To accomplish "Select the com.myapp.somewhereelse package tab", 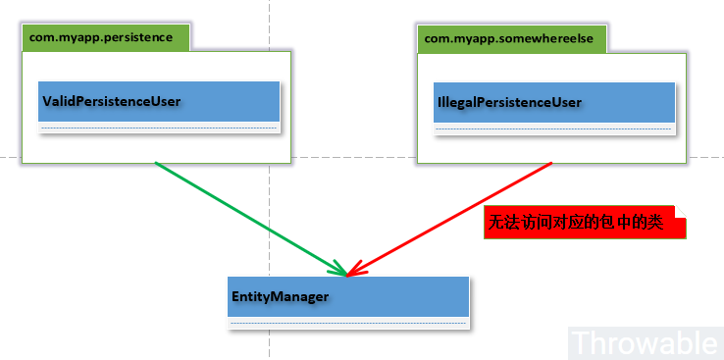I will click(512, 38).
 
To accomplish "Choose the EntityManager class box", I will click(348, 302).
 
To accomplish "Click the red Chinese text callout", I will click(585, 223).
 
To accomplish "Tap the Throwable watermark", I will click(645, 342).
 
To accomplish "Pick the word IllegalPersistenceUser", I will click(508, 102).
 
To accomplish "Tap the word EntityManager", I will click(280, 295).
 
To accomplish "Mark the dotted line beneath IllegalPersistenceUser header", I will click(554, 129).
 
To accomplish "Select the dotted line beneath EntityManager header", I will click(348, 322).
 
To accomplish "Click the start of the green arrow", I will click(157, 164).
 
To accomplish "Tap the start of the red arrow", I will click(551, 164).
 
